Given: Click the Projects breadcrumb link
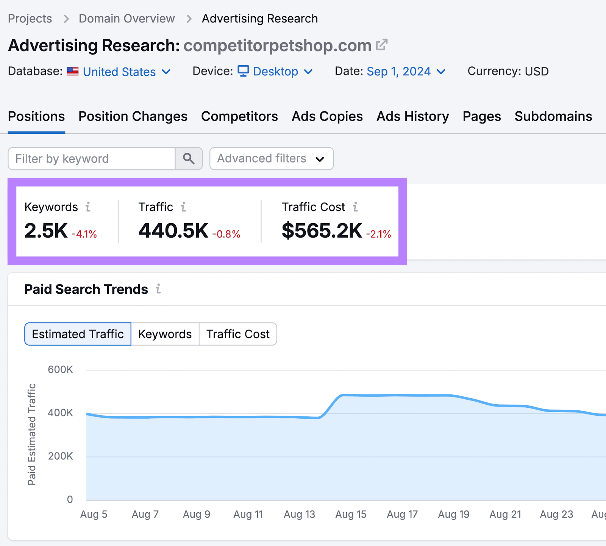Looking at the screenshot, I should coord(30,19).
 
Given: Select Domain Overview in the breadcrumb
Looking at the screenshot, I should coord(127,19).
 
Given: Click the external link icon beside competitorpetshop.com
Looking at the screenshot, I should coord(381,45).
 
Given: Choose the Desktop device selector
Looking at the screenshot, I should coord(275,71).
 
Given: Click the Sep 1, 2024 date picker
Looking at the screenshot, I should coord(406,71).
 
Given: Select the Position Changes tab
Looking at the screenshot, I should coord(133,116).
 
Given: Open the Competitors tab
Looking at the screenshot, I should coord(239,116).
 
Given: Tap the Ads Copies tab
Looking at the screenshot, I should coord(327,116).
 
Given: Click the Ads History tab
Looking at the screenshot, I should coord(412,116).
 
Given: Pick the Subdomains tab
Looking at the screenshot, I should coord(553,116).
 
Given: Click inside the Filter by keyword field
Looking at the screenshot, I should coord(91,159).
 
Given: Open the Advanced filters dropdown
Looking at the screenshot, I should coord(271,158).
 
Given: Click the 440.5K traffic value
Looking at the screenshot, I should coord(173,230).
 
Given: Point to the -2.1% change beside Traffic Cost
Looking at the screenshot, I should coord(378,234).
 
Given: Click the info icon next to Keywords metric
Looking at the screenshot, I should coord(88,207).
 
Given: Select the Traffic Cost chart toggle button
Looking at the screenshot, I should coord(238,334).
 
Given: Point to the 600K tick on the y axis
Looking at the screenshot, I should coord(60,369).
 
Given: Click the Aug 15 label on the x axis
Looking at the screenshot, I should coord(351,514).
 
